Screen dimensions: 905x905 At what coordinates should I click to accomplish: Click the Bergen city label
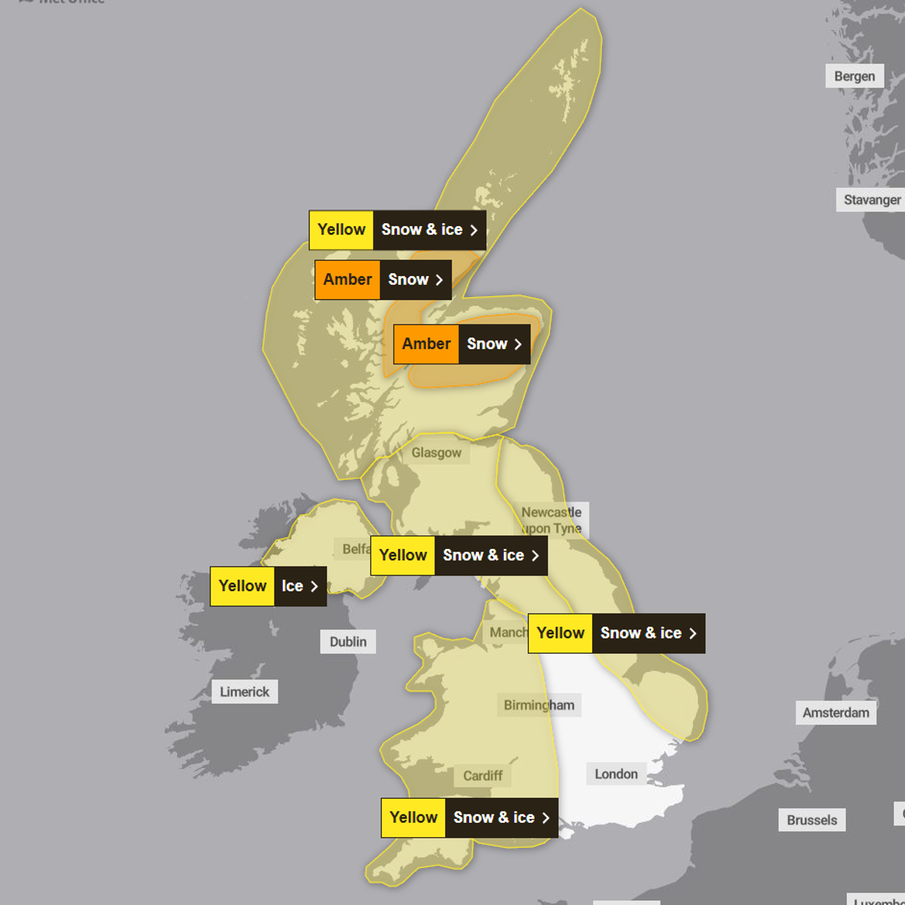click(x=854, y=76)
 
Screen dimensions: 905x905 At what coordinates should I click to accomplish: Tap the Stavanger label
click(x=871, y=200)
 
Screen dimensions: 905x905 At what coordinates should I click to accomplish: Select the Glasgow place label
click(x=436, y=452)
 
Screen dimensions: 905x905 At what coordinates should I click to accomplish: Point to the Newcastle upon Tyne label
click(x=552, y=520)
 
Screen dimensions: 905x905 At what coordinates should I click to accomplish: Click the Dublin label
click(x=348, y=642)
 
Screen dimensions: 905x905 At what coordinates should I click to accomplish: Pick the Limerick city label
click(x=244, y=692)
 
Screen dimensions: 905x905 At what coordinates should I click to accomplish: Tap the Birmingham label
click(x=538, y=705)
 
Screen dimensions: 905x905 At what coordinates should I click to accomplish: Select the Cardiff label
click(x=483, y=775)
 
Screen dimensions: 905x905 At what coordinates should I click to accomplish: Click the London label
click(x=616, y=774)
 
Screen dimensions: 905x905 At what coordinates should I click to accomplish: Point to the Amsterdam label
click(x=836, y=713)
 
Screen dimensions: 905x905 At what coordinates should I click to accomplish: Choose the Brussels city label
click(x=811, y=820)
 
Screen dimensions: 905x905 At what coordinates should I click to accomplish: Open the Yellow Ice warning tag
click(x=268, y=586)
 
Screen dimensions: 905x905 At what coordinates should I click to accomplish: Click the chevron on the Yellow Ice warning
click(x=314, y=586)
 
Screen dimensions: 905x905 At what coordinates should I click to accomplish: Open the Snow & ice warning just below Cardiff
click(x=469, y=818)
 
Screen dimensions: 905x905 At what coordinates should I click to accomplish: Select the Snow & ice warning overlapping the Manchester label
click(x=616, y=633)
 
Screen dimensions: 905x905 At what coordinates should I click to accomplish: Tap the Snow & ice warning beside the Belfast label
click(x=459, y=555)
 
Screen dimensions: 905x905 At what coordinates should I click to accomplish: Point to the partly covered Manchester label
click(x=507, y=632)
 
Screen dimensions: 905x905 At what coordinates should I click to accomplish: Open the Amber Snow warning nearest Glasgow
click(x=462, y=344)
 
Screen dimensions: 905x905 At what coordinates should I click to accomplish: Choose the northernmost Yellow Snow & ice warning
click(x=397, y=229)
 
